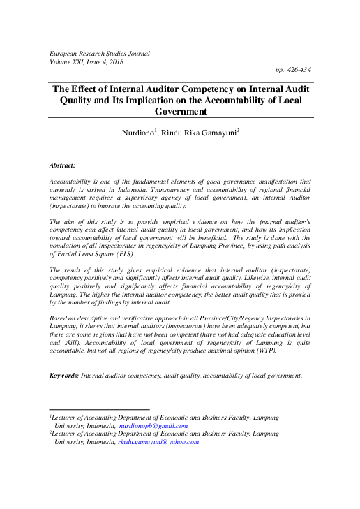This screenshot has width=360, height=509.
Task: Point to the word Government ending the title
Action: [181, 110]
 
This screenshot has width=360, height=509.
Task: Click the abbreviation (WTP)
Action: [267, 351]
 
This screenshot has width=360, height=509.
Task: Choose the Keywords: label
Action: [63, 376]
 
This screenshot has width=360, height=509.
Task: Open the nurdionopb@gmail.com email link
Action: [153, 425]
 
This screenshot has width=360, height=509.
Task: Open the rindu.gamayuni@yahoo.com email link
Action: [158, 442]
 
